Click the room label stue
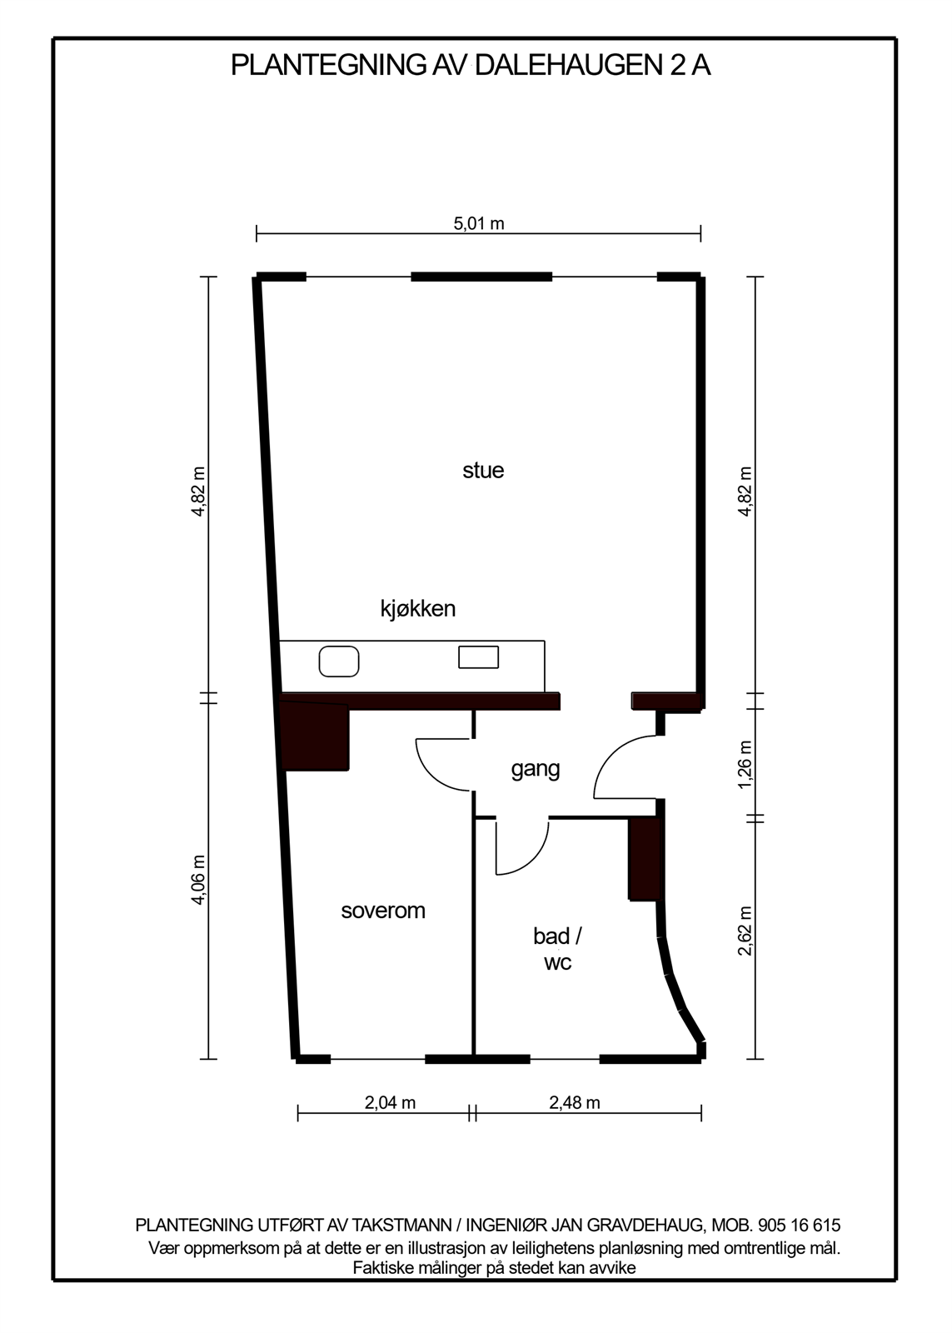click(483, 471)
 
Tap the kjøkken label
click(418, 609)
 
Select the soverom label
click(383, 911)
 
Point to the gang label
click(536, 769)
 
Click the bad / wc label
click(557, 949)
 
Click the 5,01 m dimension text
click(479, 223)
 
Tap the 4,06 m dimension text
click(198, 880)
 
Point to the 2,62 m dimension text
click(745, 931)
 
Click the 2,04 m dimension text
click(390, 1103)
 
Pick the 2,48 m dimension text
click(575, 1103)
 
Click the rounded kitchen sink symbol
click(339, 662)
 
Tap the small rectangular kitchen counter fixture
click(479, 657)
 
